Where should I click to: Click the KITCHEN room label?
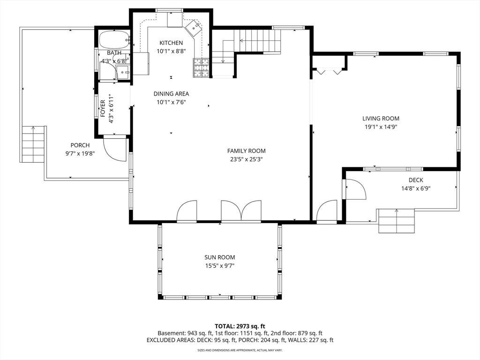click(x=171, y=43)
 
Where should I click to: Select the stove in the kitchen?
click(x=201, y=67)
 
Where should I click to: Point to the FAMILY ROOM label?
click(x=247, y=150)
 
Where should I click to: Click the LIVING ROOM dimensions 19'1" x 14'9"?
click(x=381, y=127)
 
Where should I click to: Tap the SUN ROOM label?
click(x=220, y=257)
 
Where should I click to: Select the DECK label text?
click(x=416, y=180)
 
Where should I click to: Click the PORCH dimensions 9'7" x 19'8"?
click(x=80, y=153)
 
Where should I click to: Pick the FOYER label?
click(x=103, y=108)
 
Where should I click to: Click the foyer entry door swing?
click(x=115, y=150)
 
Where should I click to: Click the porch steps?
click(x=33, y=144)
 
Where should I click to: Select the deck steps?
click(x=397, y=221)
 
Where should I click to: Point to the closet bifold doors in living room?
click(x=329, y=72)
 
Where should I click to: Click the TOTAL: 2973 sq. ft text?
click(x=240, y=326)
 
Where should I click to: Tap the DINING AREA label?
click(x=171, y=94)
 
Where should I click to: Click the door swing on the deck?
click(x=355, y=189)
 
